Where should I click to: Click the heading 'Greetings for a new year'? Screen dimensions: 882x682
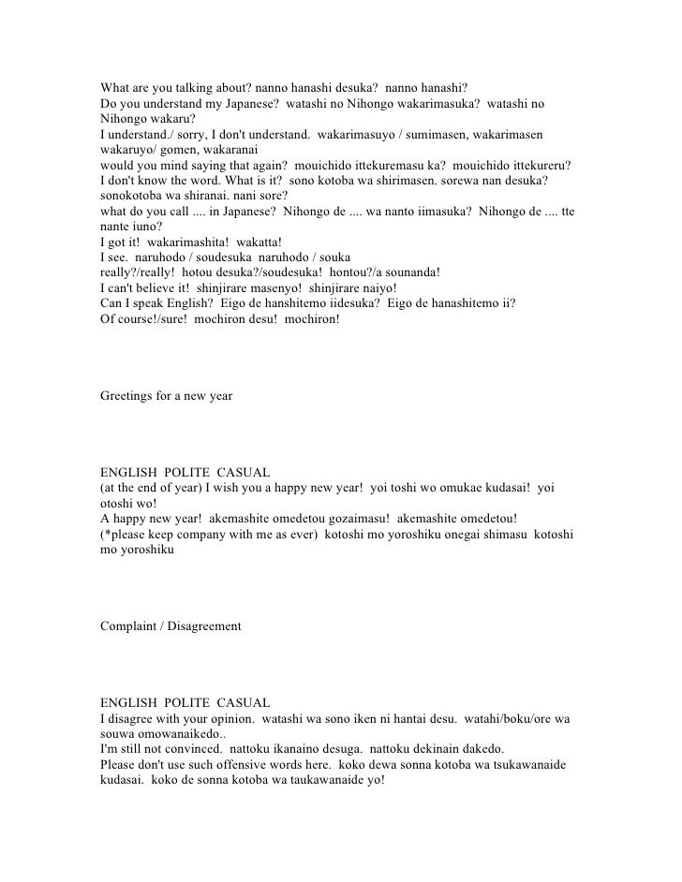(166, 396)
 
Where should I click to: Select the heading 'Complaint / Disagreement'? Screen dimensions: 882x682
(170, 625)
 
